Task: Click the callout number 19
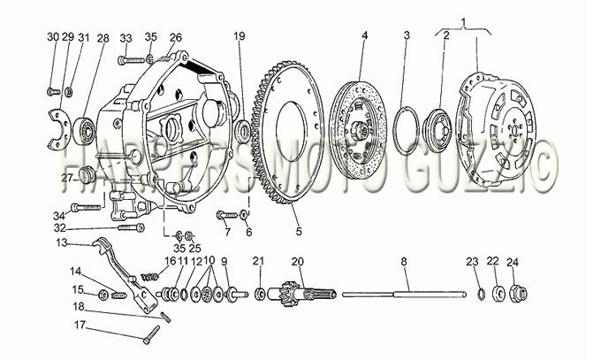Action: (240, 36)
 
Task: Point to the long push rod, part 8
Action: (404, 295)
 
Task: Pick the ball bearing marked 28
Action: (85, 130)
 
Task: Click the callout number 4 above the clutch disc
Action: (364, 35)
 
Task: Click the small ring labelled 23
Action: (481, 295)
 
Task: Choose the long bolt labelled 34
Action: (86, 208)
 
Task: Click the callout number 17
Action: (80, 326)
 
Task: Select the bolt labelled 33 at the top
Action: (131, 60)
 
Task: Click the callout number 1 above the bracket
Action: (464, 23)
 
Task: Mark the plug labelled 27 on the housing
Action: (87, 174)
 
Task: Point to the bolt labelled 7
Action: (227, 215)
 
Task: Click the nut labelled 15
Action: (103, 295)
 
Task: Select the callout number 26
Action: (176, 37)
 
